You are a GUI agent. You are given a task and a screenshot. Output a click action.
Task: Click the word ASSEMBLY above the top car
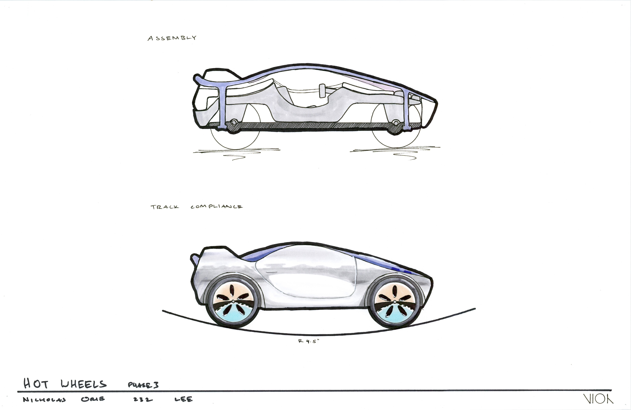[x=172, y=38]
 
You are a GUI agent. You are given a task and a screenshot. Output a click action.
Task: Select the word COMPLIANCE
[x=216, y=207]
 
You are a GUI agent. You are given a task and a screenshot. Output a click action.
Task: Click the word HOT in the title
[x=36, y=384]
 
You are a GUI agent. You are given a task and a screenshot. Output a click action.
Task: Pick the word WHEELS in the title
[x=83, y=384]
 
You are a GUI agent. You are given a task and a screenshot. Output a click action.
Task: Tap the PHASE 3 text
[x=143, y=385]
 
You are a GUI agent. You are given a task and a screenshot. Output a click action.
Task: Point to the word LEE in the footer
[x=183, y=399]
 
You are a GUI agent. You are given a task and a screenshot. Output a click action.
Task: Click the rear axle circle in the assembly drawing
[x=234, y=122]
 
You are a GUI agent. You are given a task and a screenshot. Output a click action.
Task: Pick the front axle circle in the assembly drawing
[x=396, y=122]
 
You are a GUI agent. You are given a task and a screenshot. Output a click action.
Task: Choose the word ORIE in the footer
[x=93, y=399]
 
